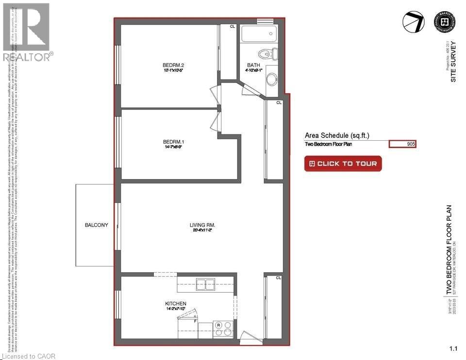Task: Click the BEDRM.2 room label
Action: point(173,65)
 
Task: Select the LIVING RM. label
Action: point(202,225)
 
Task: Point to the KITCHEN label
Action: point(175,304)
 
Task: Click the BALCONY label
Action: point(96,225)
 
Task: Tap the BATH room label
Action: point(253,65)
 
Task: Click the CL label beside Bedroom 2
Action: point(232,27)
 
